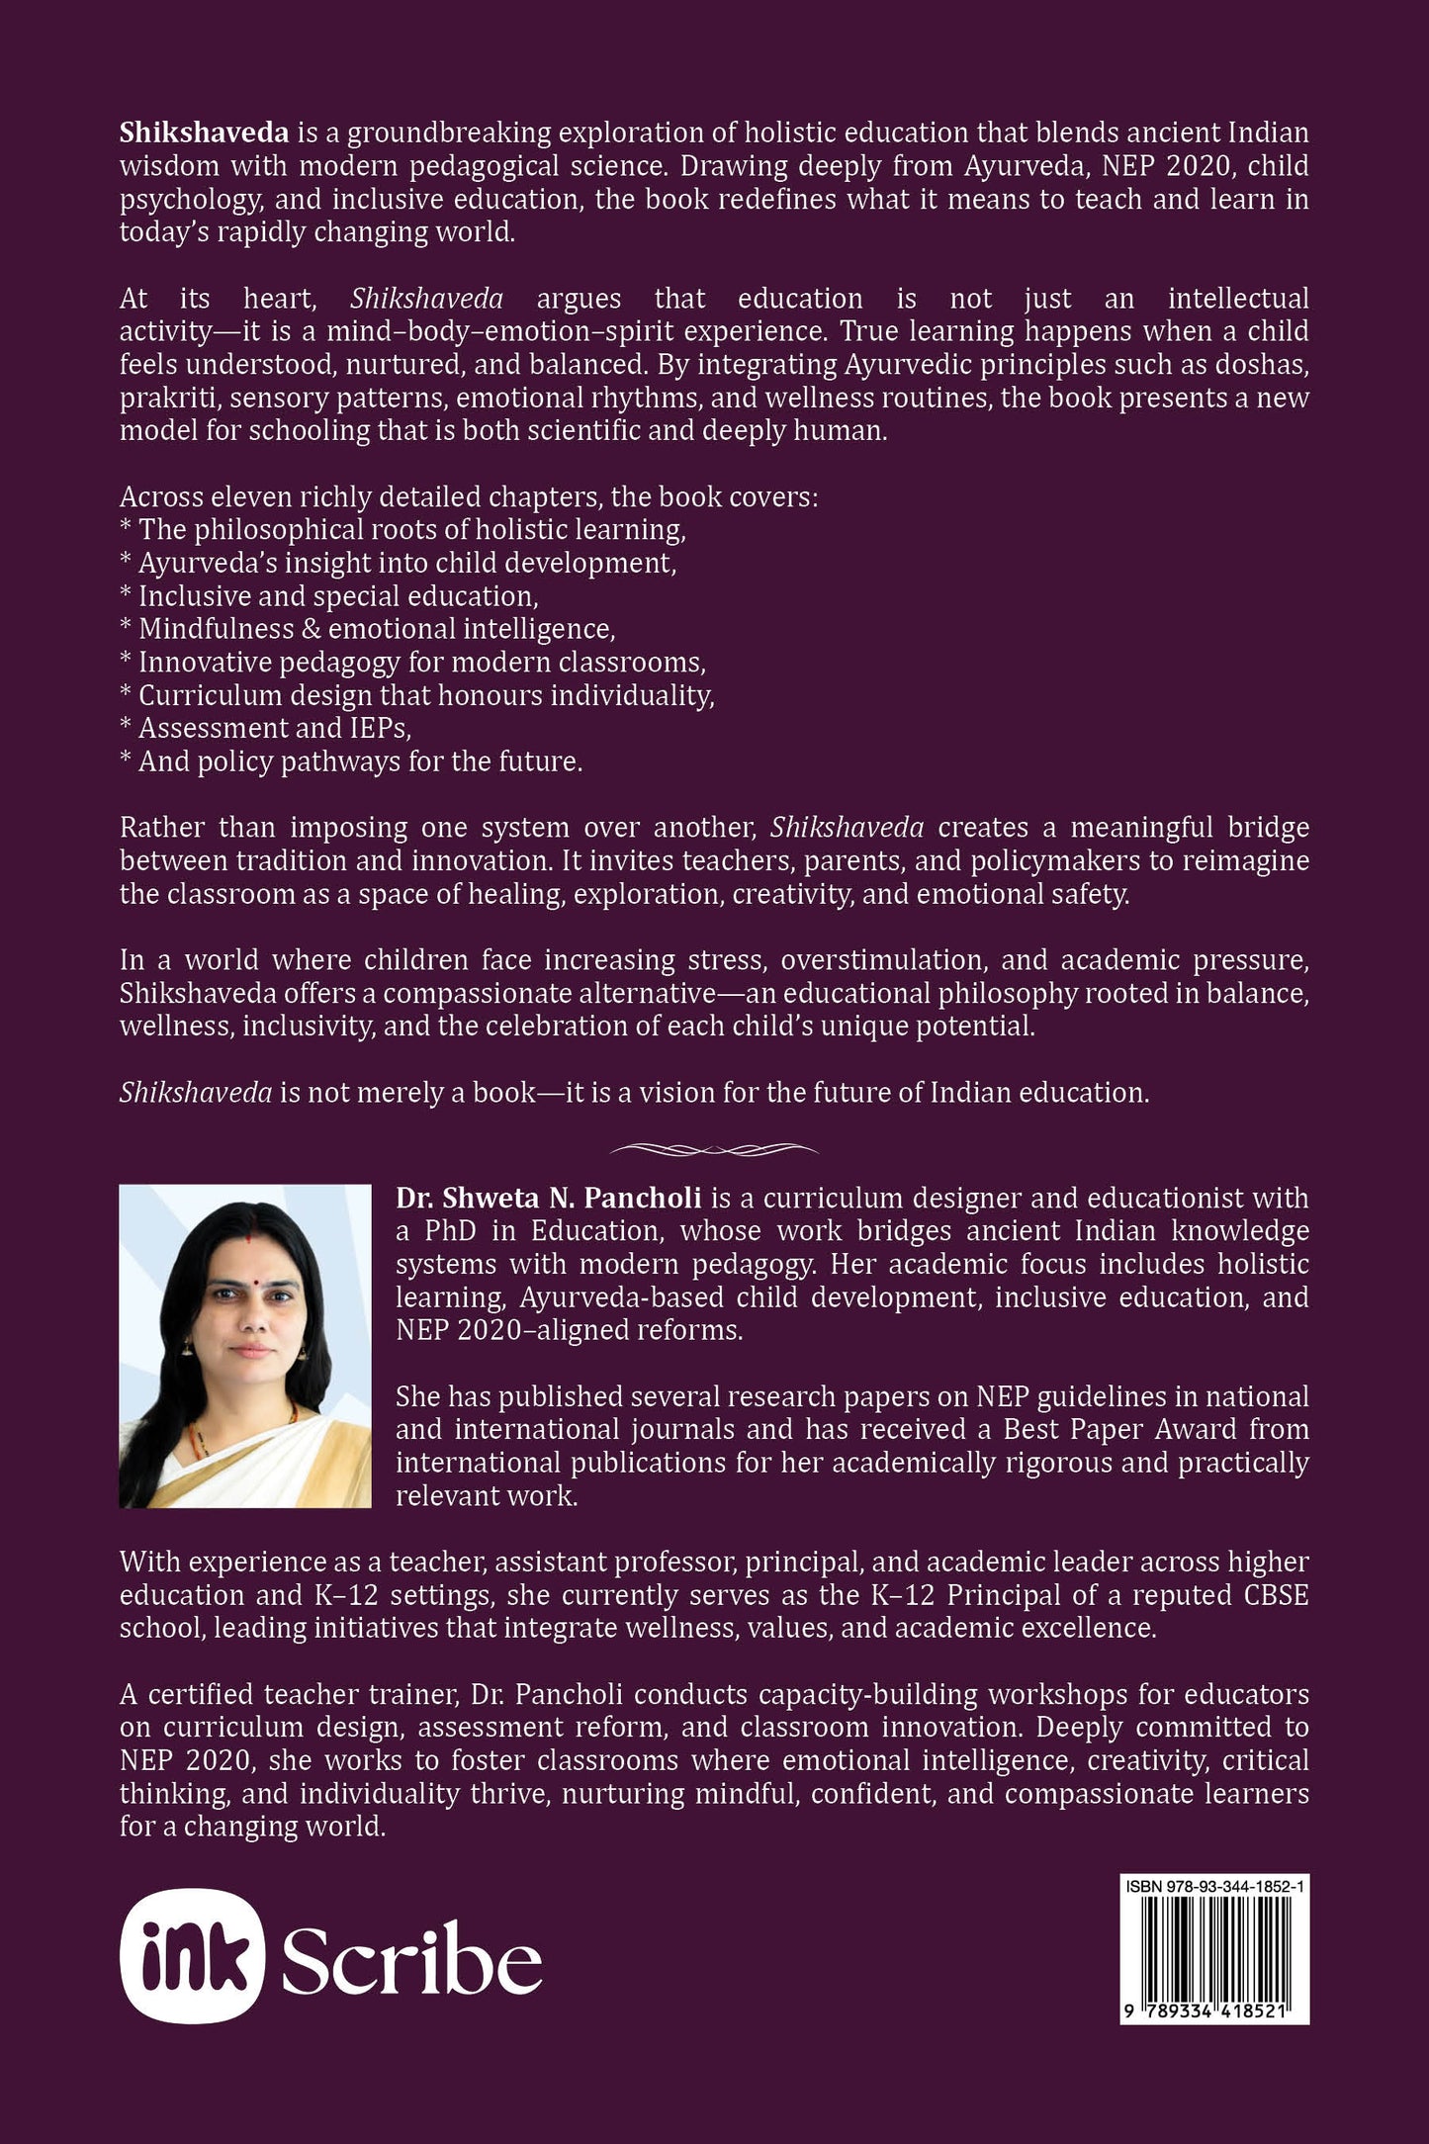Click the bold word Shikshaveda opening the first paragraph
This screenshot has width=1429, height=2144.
(204, 133)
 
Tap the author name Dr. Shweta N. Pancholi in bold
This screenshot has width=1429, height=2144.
(548, 1198)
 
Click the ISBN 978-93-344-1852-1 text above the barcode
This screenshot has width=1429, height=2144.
(1213, 1887)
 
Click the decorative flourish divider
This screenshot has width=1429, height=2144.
(714, 1149)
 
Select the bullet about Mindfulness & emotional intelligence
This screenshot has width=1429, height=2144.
(367, 629)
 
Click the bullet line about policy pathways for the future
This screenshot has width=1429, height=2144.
(351, 761)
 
